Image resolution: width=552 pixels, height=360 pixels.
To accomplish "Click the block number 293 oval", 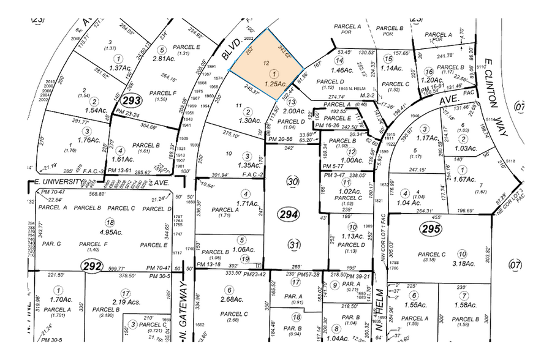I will (131, 99).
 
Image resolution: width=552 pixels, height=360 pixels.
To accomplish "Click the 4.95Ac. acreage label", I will (110, 233).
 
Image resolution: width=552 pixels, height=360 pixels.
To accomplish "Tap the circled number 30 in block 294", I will (293, 182).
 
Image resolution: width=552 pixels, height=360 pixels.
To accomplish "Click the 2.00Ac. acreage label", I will (293, 111).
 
